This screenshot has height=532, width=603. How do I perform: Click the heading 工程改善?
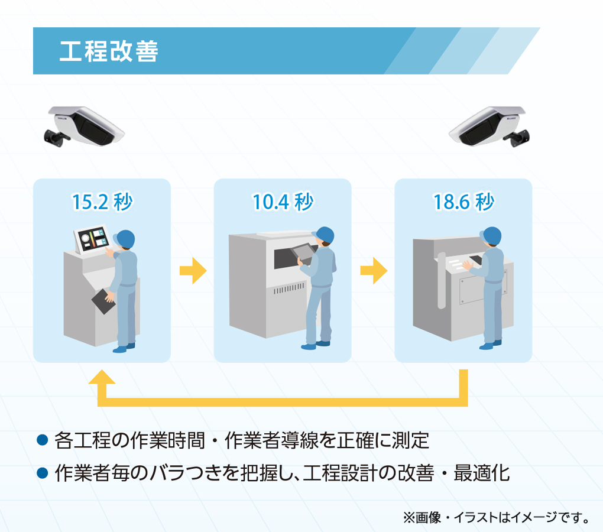[109, 51]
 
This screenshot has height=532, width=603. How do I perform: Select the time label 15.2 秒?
[102, 202]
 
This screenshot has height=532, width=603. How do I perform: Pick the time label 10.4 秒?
[283, 202]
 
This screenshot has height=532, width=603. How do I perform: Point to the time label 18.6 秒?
[463, 202]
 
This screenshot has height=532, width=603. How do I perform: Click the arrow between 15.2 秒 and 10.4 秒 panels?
[193, 272]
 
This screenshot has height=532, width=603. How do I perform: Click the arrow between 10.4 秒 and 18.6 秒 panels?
[374, 272]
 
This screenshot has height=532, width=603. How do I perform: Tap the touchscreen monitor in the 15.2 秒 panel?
[90, 239]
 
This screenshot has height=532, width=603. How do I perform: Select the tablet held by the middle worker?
[303, 252]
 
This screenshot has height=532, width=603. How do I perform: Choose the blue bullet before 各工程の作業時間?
[41, 440]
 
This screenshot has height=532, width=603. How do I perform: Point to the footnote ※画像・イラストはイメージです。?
[497, 518]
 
